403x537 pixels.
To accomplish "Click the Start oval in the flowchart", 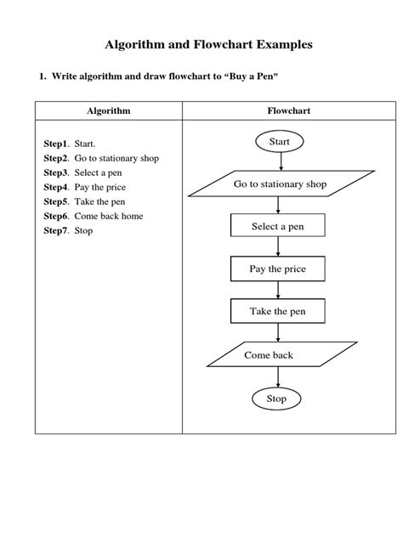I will (x=279, y=142).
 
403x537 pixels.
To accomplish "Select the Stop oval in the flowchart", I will (x=277, y=399).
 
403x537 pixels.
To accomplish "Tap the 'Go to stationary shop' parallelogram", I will (x=280, y=184).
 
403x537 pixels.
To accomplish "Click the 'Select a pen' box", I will (x=277, y=226).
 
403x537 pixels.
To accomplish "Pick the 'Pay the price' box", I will (x=277, y=269).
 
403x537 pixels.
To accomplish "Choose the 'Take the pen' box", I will (x=277, y=312).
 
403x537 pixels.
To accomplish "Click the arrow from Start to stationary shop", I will (x=279, y=161).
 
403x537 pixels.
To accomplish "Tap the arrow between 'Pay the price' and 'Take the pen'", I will (x=277, y=290).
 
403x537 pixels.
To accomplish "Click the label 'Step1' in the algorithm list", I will (x=57, y=144).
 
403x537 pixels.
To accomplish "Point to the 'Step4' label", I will (x=57, y=187).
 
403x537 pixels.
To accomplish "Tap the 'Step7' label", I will (x=57, y=231).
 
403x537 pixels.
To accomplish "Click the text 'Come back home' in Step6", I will (x=109, y=217).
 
